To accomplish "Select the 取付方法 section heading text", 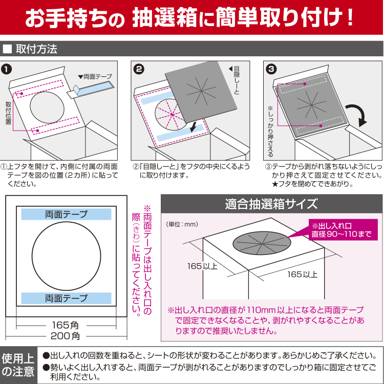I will click(36, 50).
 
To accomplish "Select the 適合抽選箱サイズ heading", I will click(271, 204).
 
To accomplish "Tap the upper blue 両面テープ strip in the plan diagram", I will click(66, 215).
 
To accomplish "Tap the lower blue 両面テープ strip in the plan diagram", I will click(66, 298).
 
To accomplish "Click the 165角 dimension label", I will click(66, 326).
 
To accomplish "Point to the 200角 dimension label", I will click(66, 336).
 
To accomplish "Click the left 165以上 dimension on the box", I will click(202, 266).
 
